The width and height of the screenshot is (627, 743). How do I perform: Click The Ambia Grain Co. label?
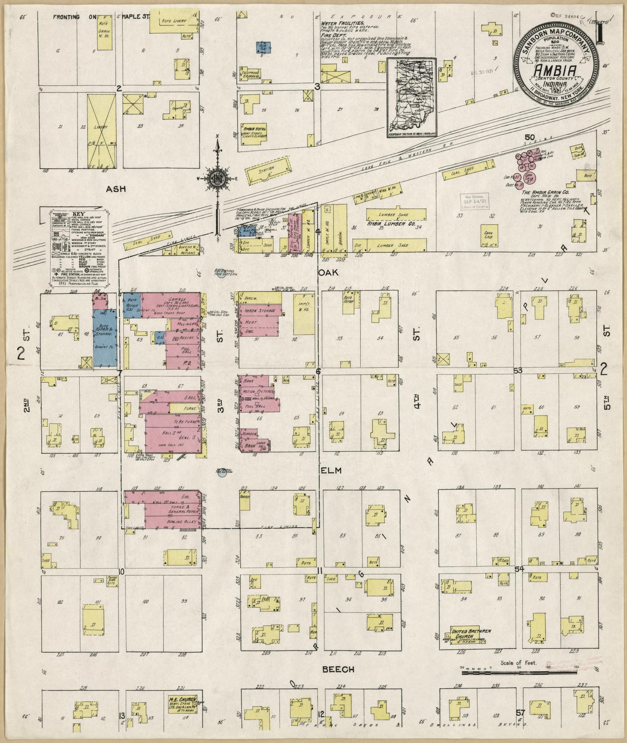545,192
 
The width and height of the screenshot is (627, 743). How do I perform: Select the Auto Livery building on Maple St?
171,25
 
